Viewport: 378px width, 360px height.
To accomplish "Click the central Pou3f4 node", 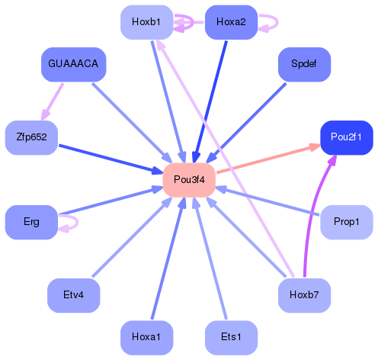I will (x=189, y=179).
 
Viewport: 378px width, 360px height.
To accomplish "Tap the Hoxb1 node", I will (x=146, y=22).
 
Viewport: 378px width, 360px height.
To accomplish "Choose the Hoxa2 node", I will (x=231, y=22).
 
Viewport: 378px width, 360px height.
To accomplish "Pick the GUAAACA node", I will (x=73, y=63).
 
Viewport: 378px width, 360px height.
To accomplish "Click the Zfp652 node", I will (x=31, y=137).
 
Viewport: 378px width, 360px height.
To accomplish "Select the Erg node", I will (x=31, y=222).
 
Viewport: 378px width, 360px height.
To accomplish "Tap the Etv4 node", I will (x=73, y=294).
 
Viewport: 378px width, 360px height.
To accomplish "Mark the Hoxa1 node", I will (x=146, y=336).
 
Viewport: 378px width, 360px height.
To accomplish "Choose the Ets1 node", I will (x=231, y=336).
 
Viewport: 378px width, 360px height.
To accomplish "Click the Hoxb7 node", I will (x=303, y=294).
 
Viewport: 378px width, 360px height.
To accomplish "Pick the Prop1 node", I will (x=346, y=222).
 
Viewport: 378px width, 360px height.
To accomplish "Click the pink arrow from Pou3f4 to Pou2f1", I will (x=267, y=159).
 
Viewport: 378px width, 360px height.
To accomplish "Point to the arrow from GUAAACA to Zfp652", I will (x=52, y=101).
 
